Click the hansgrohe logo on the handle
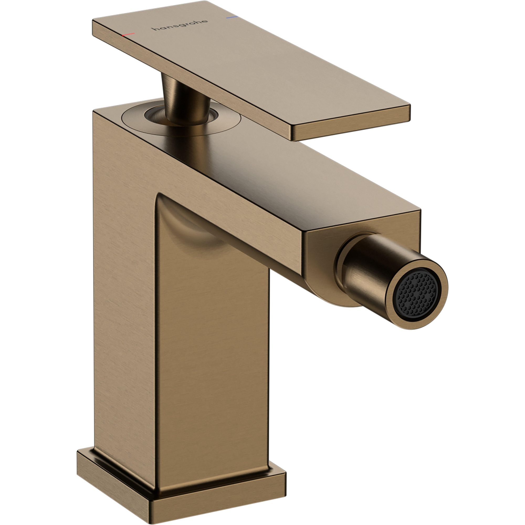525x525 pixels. (181, 25)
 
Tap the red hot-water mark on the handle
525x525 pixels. (129, 34)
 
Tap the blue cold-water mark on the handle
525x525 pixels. (232, 17)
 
